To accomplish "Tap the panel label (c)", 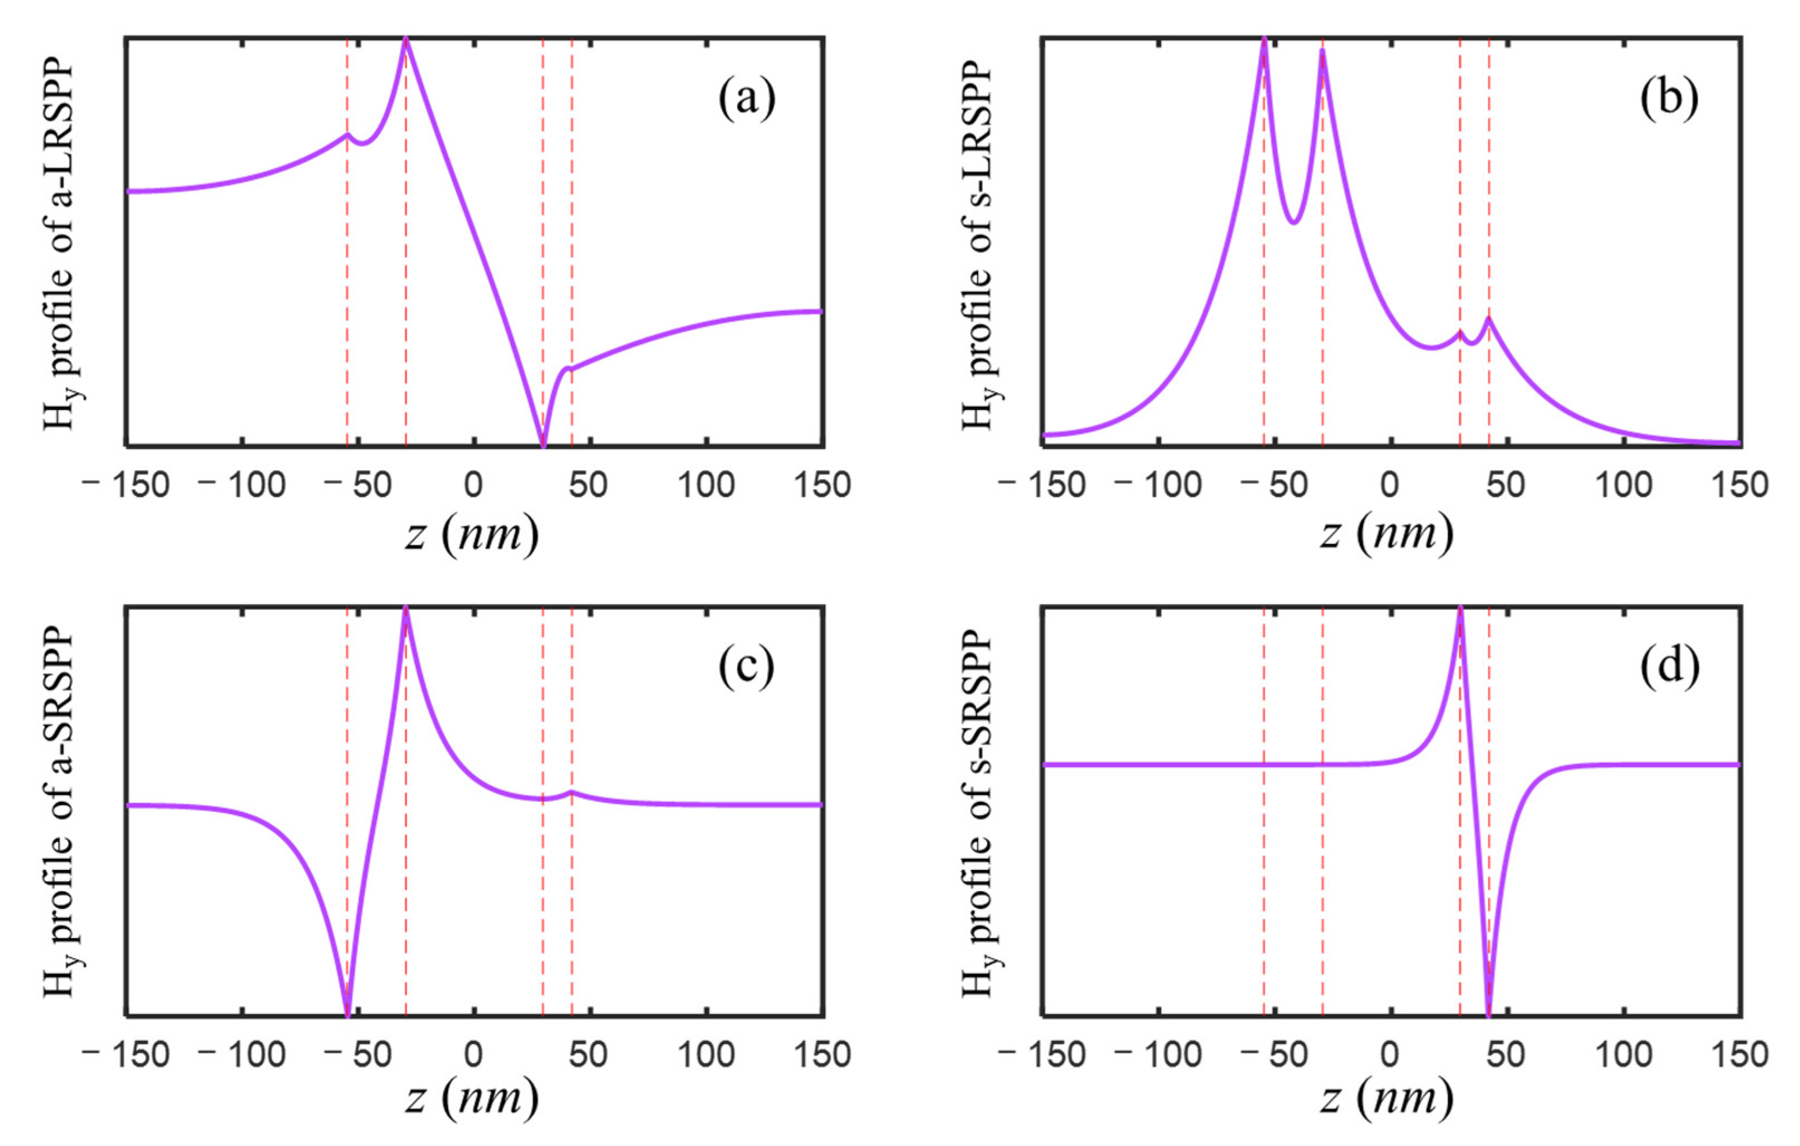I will point(746,668).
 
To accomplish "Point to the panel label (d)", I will point(1669,668).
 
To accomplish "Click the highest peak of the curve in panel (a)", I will point(406,39).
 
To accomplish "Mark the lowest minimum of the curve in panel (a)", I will point(544,446).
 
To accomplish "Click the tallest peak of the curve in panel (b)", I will point(1263,39).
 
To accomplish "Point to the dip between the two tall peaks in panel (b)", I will point(1294,222).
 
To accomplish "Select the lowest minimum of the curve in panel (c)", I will point(347,1014).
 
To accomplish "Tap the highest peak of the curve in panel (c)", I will point(406,608).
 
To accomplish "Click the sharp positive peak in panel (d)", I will point(1460,608).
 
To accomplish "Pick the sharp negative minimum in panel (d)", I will point(1488,1014).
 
